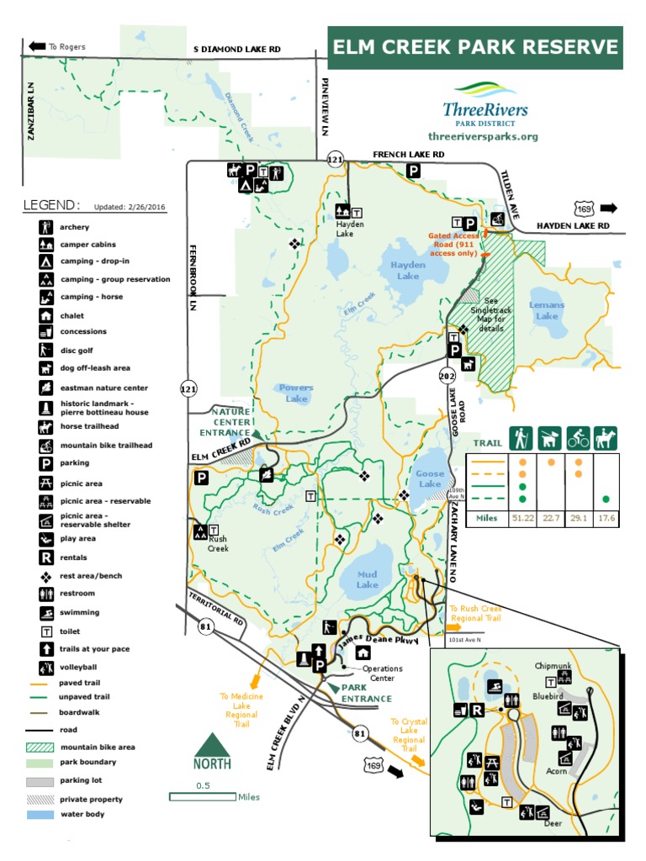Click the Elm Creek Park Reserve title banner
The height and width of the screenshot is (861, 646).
coord(475,47)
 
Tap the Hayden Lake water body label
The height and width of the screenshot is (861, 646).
coord(408,270)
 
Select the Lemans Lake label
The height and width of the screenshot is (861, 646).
coord(547,310)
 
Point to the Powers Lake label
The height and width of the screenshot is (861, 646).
coord(296,393)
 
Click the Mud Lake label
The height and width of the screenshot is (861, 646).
coord(368,579)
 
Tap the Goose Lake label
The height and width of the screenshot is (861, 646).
coord(430,478)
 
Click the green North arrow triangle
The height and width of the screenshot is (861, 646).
coord(214,747)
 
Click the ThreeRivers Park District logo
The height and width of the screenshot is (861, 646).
coord(485,103)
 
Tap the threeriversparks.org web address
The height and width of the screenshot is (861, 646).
coord(482,136)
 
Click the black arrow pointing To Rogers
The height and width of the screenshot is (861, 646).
coord(37,47)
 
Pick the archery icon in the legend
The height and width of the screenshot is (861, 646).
coord(45,227)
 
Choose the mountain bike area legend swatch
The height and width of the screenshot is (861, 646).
coord(40,747)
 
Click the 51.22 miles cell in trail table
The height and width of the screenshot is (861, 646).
coord(522,519)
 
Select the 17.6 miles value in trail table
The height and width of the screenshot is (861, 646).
coord(606,519)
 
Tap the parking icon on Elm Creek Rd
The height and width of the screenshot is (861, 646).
coord(201,478)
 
